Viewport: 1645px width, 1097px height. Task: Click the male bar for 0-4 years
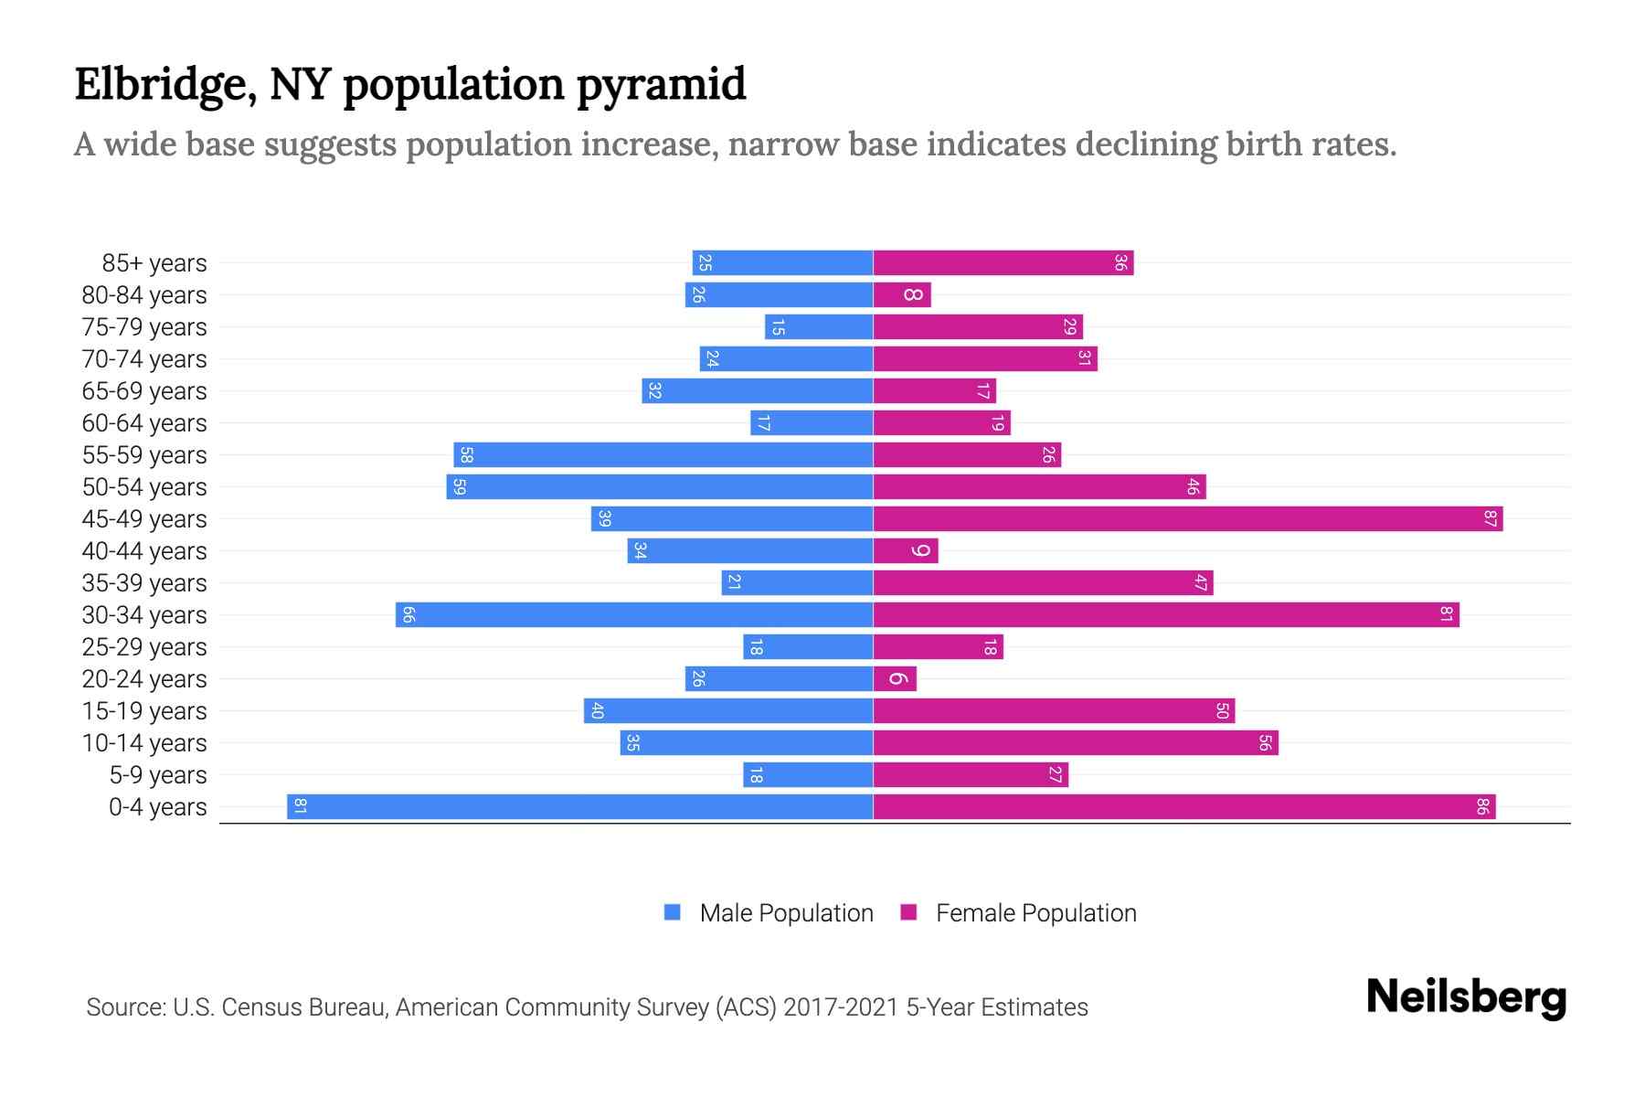click(580, 807)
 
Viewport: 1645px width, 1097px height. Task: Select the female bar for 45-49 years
click(1188, 519)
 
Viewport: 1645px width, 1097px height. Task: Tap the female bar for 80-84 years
click(902, 295)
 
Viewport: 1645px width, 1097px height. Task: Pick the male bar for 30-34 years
click(634, 615)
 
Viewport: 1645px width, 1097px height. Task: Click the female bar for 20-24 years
click(895, 679)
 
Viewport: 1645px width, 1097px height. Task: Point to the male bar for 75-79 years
click(819, 327)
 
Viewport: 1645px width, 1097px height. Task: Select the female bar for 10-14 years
click(1076, 743)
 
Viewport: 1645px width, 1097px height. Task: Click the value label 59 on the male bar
click(460, 487)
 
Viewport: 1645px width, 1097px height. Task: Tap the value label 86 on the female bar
click(1482, 807)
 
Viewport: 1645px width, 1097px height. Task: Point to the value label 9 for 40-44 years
click(920, 551)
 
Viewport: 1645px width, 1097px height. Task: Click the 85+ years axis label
click(154, 263)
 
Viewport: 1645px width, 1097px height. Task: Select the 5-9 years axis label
click(158, 775)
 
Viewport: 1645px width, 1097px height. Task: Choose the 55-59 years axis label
click(144, 455)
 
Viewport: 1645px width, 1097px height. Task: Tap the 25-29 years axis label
click(144, 647)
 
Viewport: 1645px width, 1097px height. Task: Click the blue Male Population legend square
click(673, 912)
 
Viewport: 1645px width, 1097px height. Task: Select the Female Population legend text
click(1035, 913)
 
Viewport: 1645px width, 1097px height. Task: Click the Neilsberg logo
click(1466, 997)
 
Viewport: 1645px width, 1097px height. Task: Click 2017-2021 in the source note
click(841, 1007)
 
